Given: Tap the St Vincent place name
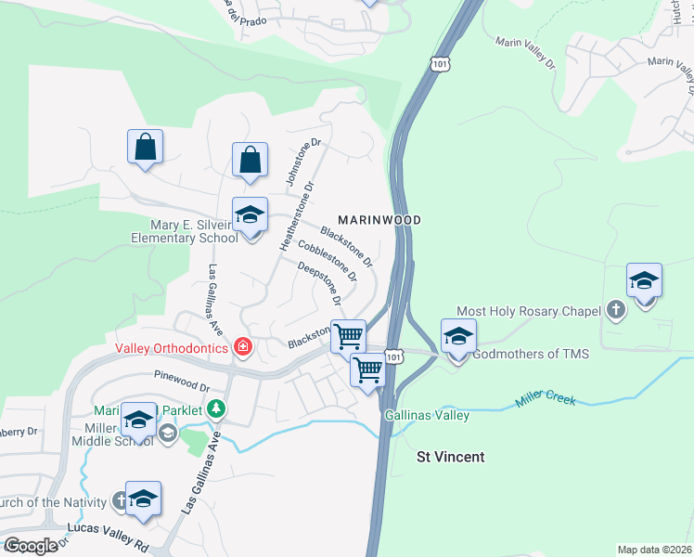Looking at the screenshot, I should click(x=451, y=458).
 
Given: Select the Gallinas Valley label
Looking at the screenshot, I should click(x=427, y=415).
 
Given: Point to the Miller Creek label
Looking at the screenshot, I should click(x=545, y=401).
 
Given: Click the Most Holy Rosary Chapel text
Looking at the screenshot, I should click(x=528, y=312).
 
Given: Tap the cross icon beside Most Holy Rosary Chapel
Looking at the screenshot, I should click(x=614, y=309).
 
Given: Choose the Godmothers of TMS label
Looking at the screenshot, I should click(x=531, y=354).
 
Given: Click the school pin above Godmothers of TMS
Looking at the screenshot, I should click(x=458, y=337).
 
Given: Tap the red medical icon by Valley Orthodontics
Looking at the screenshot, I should click(x=243, y=347).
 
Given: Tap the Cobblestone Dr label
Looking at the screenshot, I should click(x=327, y=261).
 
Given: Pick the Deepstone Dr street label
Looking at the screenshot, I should click(x=319, y=285).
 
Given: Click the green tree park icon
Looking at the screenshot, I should click(x=215, y=408).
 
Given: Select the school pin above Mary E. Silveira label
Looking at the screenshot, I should click(x=250, y=216).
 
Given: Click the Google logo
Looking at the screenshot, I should click(x=31, y=546).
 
